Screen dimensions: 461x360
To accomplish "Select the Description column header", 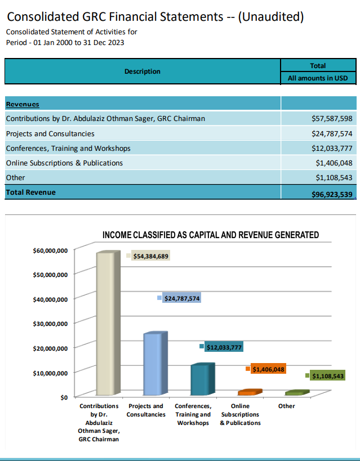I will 143,71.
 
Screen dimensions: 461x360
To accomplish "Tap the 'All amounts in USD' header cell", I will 318,78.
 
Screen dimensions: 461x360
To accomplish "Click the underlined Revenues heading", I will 23,104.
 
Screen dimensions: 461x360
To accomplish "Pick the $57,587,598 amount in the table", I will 332,119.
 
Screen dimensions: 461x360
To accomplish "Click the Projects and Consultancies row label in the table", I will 50,133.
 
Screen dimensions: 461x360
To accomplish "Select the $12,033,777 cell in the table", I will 332,148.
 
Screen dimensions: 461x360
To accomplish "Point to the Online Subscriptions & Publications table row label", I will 64,163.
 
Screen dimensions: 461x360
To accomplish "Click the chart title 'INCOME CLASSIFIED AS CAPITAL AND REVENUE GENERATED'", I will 211,235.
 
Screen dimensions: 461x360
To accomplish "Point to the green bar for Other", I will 295,392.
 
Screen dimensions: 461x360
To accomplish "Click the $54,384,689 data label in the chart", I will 151,256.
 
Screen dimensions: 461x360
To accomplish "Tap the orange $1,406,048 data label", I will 268,369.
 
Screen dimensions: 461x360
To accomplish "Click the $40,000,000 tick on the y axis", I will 51,299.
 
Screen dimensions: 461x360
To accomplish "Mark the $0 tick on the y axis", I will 64,397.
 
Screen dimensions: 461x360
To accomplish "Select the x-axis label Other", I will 286,406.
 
